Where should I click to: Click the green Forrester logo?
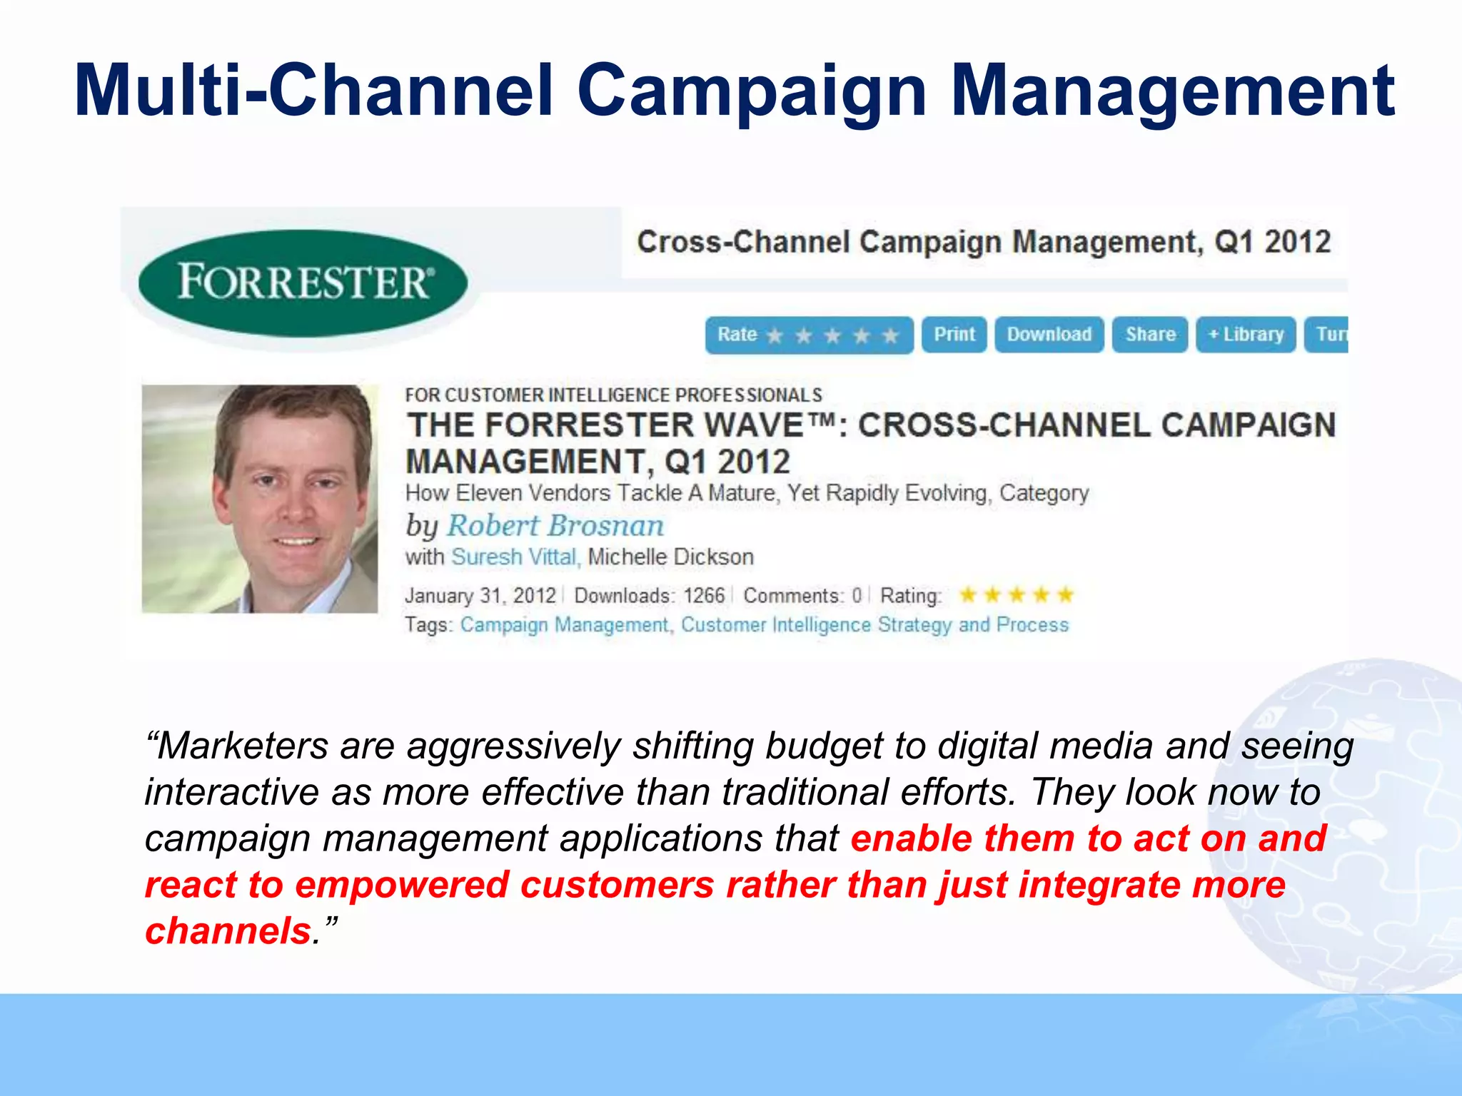(303, 283)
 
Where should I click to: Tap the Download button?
(1049, 335)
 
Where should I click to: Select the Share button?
(1149, 335)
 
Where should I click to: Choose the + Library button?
(1246, 335)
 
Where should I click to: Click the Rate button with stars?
(808, 335)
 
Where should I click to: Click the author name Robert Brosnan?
(555, 526)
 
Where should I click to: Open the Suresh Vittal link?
(514, 557)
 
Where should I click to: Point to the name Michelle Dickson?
(670, 557)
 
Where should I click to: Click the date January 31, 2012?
(480, 595)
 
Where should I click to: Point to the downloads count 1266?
(703, 595)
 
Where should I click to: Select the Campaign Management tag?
(564, 625)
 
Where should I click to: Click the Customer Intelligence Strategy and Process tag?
(874, 625)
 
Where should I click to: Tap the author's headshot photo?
(260, 499)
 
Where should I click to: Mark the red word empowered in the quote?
(401, 885)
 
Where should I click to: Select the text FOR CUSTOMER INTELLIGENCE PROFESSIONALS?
(613, 395)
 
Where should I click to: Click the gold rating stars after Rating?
(1017, 594)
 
